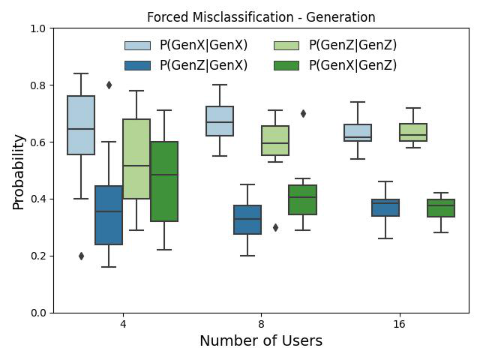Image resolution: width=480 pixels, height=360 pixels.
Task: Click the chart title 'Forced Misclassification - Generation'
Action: coord(261,17)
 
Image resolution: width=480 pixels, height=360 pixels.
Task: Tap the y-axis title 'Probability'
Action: coord(18,172)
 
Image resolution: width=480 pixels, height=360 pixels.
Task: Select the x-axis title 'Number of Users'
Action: coord(261,340)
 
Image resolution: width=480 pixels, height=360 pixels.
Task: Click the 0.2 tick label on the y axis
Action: coord(37,256)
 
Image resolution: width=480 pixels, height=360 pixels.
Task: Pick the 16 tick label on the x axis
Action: coord(400,324)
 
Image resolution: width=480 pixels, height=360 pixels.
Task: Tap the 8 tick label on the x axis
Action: coord(261,324)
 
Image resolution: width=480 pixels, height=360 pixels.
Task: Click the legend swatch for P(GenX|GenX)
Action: coord(137,46)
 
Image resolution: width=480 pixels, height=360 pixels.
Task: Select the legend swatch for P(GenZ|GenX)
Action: coord(137,65)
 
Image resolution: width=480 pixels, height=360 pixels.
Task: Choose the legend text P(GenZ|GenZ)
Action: coord(353,45)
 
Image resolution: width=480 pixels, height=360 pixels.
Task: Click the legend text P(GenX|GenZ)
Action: coord(353,65)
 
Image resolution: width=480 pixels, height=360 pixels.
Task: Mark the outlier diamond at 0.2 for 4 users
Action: coord(81,256)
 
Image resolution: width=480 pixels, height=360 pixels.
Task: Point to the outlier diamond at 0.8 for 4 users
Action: coord(109,85)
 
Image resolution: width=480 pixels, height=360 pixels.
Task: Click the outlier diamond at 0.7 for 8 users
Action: coord(303,113)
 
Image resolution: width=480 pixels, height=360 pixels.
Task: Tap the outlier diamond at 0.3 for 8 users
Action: coord(275,227)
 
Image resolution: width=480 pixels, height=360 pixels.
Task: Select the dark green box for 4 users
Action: coord(164,181)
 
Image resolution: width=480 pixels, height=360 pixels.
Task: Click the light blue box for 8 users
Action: coord(220,121)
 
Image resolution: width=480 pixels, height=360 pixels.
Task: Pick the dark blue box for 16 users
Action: coord(385,208)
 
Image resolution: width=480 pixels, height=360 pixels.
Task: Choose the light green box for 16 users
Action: coord(413,132)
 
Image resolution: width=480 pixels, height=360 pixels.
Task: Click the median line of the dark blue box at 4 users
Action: coord(109,211)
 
